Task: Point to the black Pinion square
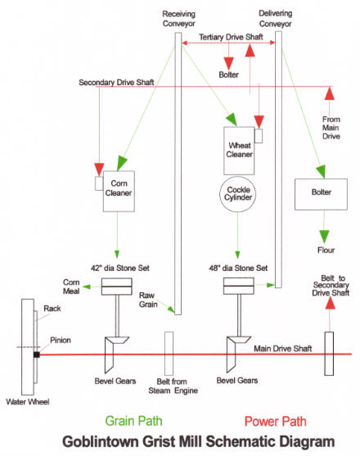pyautogui.click(x=37, y=354)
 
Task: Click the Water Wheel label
pyautogui.click(x=28, y=402)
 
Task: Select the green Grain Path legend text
pyautogui.click(x=133, y=421)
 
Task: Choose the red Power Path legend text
pyautogui.click(x=276, y=421)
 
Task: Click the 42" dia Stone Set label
pyautogui.click(x=120, y=268)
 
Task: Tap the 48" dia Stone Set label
pyautogui.click(x=238, y=268)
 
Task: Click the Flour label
pyautogui.click(x=326, y=250)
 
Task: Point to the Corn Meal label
pyautogui.click(x=71, y=287)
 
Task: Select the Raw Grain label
pyautogui.click(x=148, y=300)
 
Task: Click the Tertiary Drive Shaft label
pyautogui.click(x=231, y=37)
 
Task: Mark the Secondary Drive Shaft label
pyautogui.click(x=116, y=83)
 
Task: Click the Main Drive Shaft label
pyautogui.click(x=283, y=349)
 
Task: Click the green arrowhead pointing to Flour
pyautogui.click(x=324, y=237)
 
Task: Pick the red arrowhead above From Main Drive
pyautogui.click(x=329, y=93)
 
